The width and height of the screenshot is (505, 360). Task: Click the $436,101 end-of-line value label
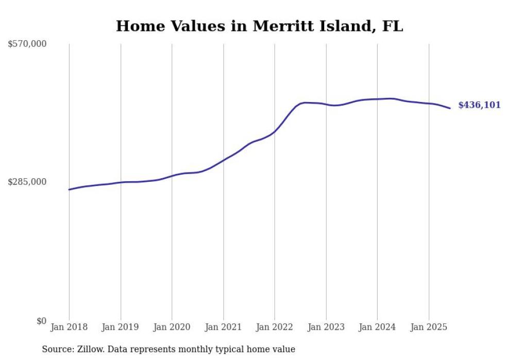(x=479, y=105)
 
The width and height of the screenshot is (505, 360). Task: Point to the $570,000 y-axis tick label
(x=27, y=44)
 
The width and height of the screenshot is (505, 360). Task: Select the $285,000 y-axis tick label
(x=27, y=182)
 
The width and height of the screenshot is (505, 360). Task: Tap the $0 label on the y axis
(x=41, y=321)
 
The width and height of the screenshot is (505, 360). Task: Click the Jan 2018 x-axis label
(x=69, y=327)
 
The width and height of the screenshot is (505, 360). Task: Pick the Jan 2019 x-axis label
(x=121, y=327)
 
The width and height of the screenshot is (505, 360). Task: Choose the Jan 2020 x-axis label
(x=172, y=327)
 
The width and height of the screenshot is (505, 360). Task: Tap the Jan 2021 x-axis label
(x=223, y=327)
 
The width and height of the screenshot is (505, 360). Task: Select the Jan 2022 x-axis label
(x=275, y=327)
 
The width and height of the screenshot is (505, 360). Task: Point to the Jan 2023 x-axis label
(x=326, y=327)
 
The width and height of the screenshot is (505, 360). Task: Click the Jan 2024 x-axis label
(x=377, y=327)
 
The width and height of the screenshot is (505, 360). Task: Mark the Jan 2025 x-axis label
(x=429, y=327)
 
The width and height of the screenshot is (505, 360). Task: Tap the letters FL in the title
(x=392, y=26)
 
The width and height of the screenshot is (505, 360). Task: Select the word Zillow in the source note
(x=89, y=349)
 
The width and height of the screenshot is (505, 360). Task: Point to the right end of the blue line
(x=450, y=108)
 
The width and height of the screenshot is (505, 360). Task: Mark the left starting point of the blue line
(x=69, y=190)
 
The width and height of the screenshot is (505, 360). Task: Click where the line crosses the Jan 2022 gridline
(x=275, y=131)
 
